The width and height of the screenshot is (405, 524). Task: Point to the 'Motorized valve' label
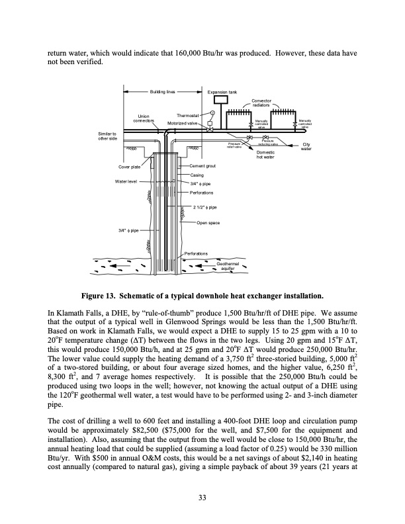(182, 123)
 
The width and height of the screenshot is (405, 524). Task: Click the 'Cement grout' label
(204, 165)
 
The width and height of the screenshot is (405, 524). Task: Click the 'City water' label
(306, 147)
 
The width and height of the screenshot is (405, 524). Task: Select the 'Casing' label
(197, 175)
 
